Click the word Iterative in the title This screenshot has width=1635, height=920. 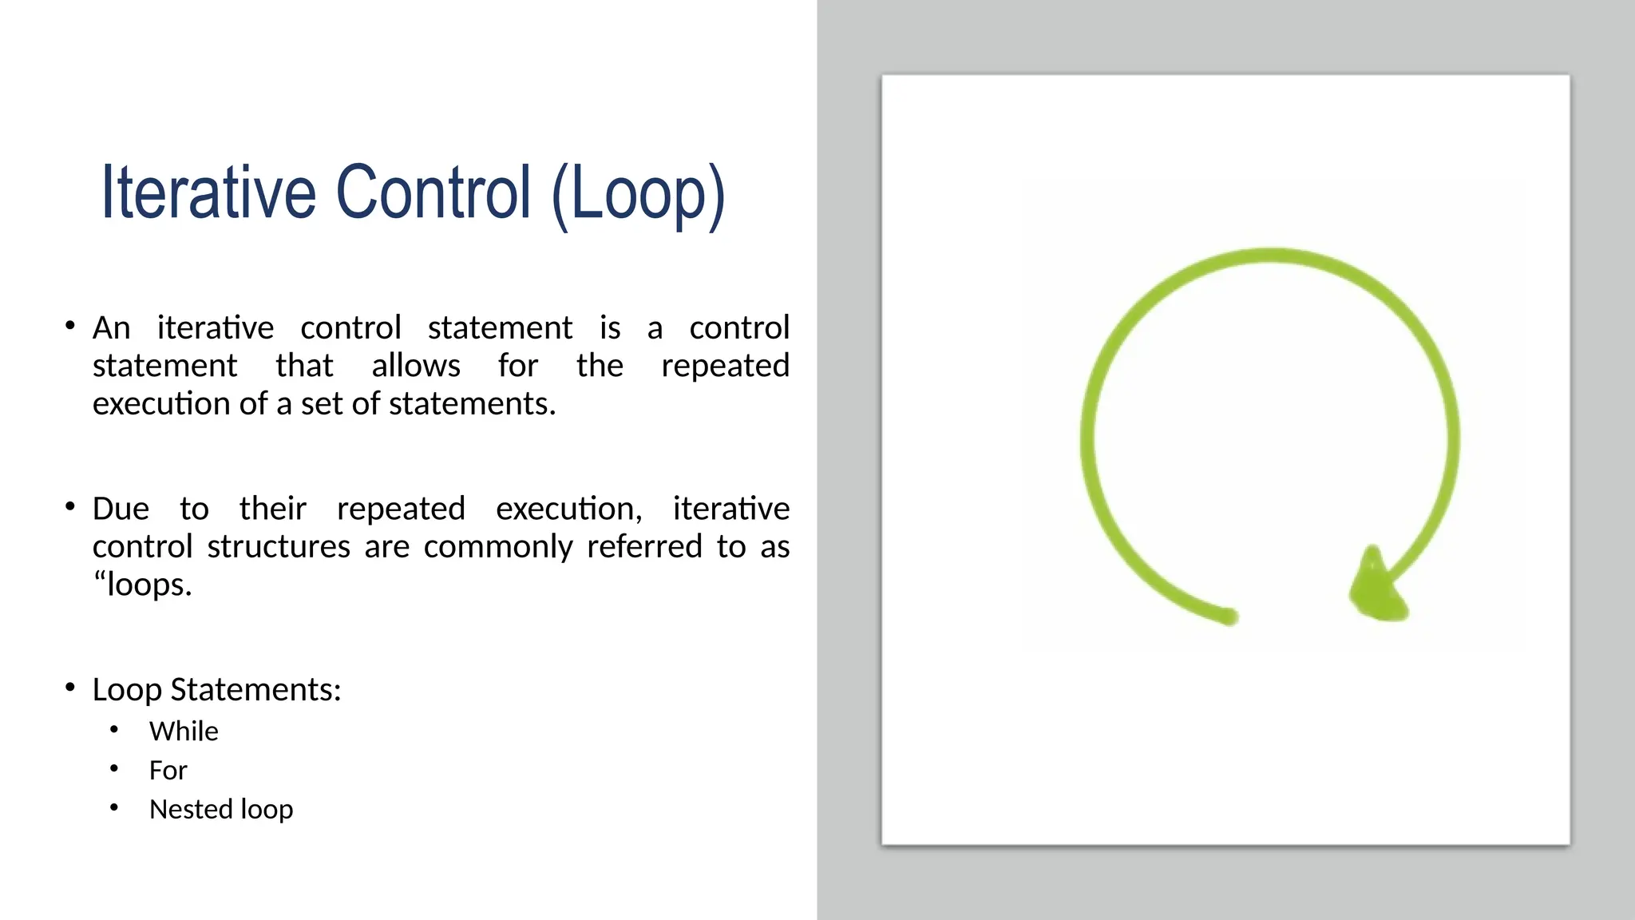[x=208, y=192]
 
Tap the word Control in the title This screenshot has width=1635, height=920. [x=433, y=192]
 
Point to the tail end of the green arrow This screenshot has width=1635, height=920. [x=1229, y=616]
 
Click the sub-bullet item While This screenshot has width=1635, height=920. [x=184, y=731]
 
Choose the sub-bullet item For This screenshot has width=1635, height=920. [x=168, y=770]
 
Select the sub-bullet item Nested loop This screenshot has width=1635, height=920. [x=221, y=809]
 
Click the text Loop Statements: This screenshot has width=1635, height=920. [x=216, y=689]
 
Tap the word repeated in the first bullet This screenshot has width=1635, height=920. [x=725, y=366]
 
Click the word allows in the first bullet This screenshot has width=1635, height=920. [x=416, y=366]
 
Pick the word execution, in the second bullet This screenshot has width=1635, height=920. [x=568, y=509]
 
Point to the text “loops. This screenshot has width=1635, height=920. [x=142, y=585]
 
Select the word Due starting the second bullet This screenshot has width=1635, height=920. [x=121, y=509]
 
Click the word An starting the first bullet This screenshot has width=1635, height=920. [x=111, y=327]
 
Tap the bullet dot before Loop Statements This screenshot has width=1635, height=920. [x=70, y=687]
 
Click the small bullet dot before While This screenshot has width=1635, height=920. [x=114, y=729]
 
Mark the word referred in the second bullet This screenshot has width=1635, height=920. [x=644, y=547]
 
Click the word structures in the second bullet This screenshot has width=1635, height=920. [x=279, y=547]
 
